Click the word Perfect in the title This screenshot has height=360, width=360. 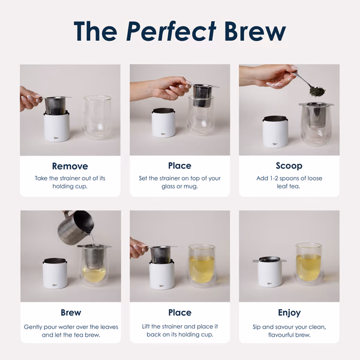pos(171,31)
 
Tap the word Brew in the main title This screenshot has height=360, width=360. pos(255,31)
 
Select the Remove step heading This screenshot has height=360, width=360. pos(70,166)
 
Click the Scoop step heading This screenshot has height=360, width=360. pos(289,166)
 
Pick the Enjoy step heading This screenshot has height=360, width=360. pos(289,313)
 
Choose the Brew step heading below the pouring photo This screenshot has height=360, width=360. pos(71,313)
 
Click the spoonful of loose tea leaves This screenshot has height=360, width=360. pos(317,91)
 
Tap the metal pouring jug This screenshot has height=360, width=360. pos(76,227)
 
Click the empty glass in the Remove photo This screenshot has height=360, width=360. pos(97,116)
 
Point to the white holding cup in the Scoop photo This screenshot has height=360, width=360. pos(275,132)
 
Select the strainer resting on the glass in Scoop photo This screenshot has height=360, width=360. pos(317,114)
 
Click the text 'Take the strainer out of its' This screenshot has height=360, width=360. pos(70,178)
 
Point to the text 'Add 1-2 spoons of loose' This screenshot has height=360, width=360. pos(289,178)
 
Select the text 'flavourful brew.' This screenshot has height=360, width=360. pos(289,335)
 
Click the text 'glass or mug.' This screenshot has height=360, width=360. pos(179,187)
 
